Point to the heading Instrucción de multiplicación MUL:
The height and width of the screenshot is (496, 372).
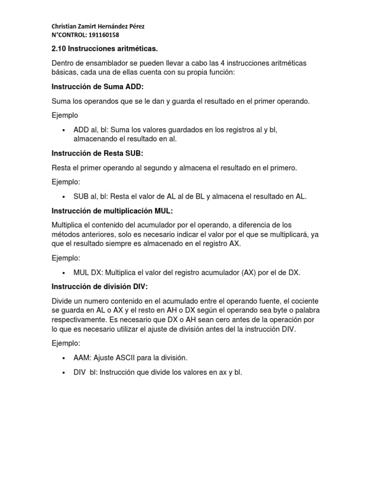pyautogui.click(x=112, y=211)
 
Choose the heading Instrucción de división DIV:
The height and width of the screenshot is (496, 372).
pyautogui.click(x=99, y=286)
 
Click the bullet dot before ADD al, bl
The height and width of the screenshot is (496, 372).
pyautogui.click(x=64, y=131)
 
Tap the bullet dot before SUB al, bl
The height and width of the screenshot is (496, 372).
pyautogui.click(x=64, y=197)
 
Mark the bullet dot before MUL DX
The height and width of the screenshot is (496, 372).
pyautogui.click(x=64, y=273)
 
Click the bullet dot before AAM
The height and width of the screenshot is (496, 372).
pyautogui.click(x=64, y=358)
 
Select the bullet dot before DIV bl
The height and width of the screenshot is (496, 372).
pyautogui.click(x=64, y=373)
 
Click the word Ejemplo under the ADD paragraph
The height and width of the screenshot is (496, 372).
pyautogui.click(x=65, y=115)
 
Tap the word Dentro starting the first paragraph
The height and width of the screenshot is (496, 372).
pyautogui.click(x=64, y=63)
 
